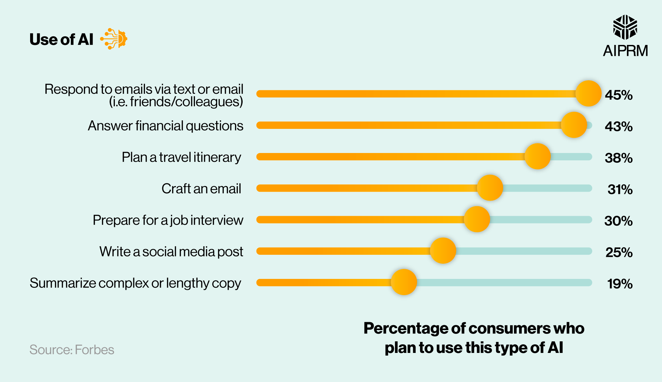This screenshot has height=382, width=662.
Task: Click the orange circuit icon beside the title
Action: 114,39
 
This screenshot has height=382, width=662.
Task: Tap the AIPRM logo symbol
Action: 625,27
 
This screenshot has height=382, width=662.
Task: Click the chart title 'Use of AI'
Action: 62,39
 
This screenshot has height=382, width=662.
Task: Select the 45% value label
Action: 619,95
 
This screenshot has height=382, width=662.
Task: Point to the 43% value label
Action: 619,126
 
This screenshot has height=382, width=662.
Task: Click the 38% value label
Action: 619,158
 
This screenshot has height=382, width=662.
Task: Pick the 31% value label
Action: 620,189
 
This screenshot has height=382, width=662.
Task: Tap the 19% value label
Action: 620,284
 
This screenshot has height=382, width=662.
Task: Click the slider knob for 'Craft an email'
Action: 490,188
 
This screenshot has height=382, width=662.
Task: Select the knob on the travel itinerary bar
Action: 538,156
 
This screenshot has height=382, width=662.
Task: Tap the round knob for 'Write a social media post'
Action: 443,250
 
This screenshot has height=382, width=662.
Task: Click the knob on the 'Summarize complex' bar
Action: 404,282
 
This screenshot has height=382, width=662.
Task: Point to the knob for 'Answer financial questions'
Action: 574,125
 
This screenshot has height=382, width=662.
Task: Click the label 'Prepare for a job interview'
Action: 168,220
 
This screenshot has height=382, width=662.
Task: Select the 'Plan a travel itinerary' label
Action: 181,157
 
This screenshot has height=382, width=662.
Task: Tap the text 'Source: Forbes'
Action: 72,350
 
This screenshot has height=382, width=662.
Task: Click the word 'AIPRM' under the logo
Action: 625,51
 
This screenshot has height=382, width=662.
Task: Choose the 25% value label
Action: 619,252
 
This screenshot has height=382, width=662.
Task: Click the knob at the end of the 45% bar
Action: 588,94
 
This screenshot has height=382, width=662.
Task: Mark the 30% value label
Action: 618,221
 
